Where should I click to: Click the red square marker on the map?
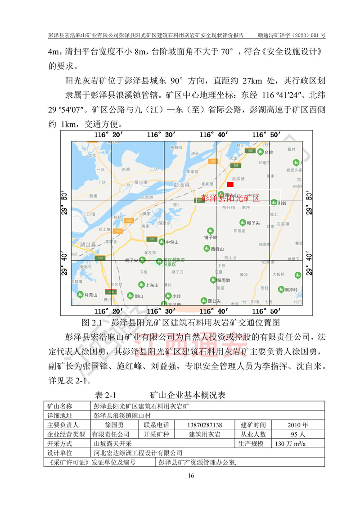[230, 184]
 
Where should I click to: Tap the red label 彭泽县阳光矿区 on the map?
[230, 198]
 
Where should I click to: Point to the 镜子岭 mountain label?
[211, 237]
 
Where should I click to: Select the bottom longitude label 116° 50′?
[265, 311]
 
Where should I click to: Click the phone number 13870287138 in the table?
[204, 425]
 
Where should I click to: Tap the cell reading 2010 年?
[297, 425]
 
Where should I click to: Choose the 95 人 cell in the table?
[297, 434]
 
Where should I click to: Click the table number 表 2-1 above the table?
[106, 395]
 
